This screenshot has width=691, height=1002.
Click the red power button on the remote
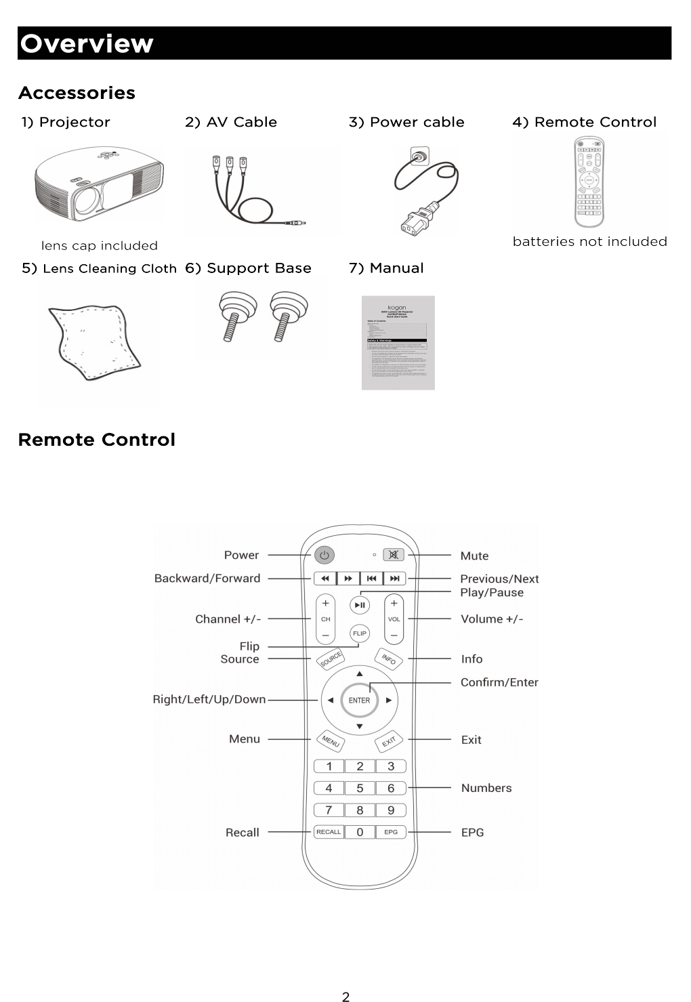[324, 556]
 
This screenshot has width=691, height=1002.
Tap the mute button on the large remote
[393, 556]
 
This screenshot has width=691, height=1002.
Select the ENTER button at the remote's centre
[359, 700]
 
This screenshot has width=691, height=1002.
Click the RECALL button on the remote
[329, 832]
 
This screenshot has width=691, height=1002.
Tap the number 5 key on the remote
[360, 788]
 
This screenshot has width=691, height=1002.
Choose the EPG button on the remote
[391, 832]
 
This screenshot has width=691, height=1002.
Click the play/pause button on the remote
[360, 605]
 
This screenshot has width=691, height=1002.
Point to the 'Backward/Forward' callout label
[207, 578]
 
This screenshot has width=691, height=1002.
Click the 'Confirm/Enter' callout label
[499, 682]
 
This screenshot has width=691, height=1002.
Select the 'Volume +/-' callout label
[492, 619]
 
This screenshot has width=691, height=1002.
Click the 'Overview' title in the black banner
[87, 43]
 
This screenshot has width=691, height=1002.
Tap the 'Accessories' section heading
[77, 93]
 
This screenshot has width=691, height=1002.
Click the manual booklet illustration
[398, 343]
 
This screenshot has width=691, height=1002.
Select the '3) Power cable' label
[406, 122]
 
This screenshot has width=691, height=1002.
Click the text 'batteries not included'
[589, 241]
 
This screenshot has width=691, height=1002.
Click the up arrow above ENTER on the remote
[360, 673]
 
